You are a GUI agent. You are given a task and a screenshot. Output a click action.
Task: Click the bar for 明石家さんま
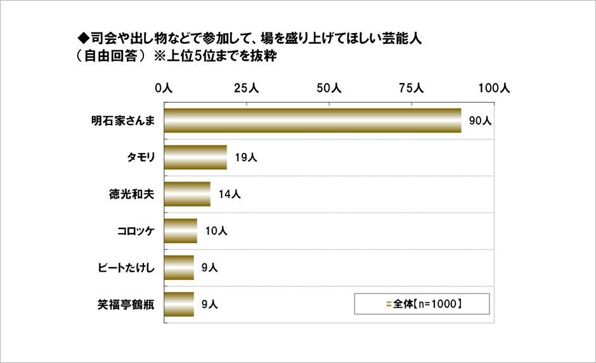pyautogui.click(x=313, y=121)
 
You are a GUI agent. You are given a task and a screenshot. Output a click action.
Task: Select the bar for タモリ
pyautogui.click(x=196, y=157)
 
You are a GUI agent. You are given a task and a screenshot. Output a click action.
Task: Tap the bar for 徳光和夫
pyautogui.click(x=187, y=194)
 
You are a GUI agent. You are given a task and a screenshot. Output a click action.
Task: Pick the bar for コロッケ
pyautogui.click(x=181, y=231)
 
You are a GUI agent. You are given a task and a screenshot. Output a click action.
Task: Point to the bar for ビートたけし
pyautogui.click(x=179, y=268)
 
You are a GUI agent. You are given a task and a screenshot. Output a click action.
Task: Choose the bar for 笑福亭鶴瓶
pyautogui.click(x=179, y=305)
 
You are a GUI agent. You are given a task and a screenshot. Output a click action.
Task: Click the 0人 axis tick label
pyautogui.click(x=164, y=89)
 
